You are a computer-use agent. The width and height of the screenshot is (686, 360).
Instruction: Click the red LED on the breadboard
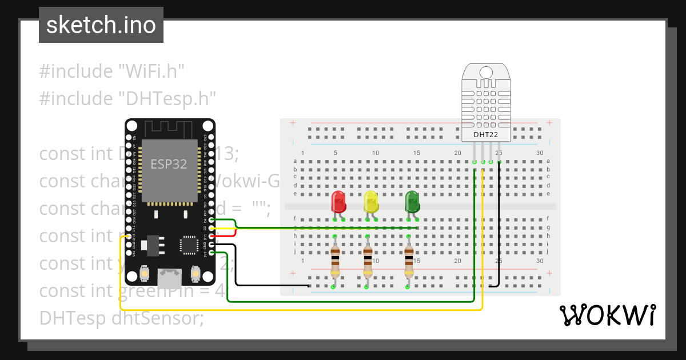tap(338, 202)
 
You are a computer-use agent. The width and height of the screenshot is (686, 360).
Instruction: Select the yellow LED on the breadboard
tap(371, 202)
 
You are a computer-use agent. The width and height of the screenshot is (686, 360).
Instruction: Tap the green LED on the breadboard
tap(412, 202)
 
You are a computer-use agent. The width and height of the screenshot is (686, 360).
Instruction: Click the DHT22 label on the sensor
tap(485, 135)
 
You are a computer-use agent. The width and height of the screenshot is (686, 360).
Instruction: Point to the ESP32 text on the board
tap(169, 165)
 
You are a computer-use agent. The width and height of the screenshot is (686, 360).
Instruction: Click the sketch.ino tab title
tap(101, 25)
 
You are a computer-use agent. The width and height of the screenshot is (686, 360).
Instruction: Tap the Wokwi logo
tap(607, 315)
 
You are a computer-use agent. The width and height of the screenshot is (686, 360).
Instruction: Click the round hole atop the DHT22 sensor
tap(486, 73)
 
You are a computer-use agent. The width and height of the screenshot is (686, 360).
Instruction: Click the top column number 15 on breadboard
tap(417, 153)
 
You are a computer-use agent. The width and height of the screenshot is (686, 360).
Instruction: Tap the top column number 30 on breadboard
tap(540, 153)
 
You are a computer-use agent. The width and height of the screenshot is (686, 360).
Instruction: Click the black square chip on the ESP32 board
tap(189, 245)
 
